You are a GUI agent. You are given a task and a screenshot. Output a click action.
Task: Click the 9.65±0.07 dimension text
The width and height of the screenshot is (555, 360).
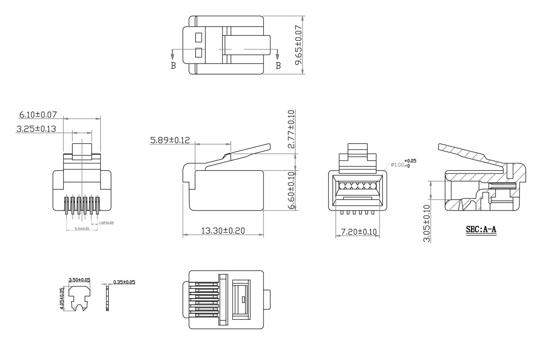(298, 45)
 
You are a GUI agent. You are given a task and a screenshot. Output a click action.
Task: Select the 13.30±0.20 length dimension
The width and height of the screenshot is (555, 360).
(223, 230)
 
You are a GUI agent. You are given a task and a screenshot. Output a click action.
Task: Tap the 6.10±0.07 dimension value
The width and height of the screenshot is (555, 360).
(38, 114)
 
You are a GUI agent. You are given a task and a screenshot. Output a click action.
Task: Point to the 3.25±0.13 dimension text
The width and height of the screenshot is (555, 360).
(36, 129)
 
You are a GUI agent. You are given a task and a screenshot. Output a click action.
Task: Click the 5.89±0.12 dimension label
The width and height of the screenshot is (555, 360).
(170, 140)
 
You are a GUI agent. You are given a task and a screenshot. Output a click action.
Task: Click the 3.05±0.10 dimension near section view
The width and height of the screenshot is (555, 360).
(426, 223)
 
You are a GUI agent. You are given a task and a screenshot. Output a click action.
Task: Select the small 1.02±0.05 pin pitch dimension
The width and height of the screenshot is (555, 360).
(106, 223)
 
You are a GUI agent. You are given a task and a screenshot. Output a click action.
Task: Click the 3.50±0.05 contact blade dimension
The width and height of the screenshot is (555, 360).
(79, 280)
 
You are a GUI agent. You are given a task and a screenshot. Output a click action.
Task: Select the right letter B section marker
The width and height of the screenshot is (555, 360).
(278, 66)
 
